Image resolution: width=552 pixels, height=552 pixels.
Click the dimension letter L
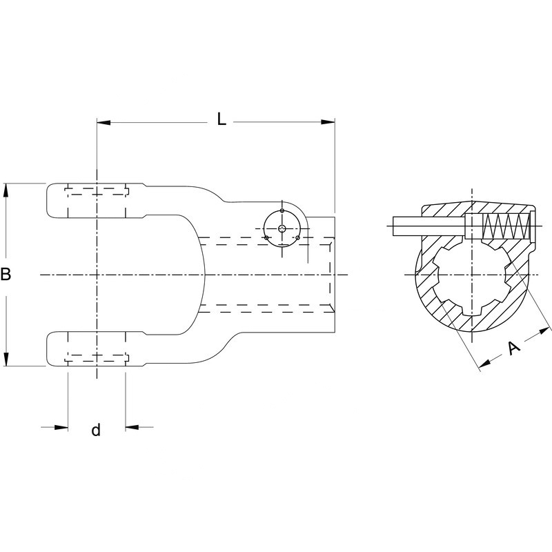click(221, 119)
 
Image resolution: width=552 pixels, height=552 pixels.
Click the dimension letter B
click(6, 274)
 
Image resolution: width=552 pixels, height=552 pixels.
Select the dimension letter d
click(96, 430)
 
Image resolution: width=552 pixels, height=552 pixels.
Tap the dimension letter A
click(513, 348)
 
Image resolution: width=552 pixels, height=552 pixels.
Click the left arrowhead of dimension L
click(103, 122)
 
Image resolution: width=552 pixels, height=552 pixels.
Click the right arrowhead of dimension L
click(328, 122)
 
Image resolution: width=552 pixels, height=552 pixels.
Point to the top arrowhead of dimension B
click(6, 190)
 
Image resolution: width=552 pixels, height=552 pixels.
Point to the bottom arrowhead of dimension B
click(6, 359)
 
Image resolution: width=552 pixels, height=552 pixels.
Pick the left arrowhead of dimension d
click(61, 427)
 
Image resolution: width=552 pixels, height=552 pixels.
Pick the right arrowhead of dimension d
click(132, 427)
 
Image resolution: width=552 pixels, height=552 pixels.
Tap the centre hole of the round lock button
click(282, 228)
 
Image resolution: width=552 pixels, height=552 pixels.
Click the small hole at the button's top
click(282, 210)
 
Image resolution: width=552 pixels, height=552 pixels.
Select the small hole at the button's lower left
click(266, 237)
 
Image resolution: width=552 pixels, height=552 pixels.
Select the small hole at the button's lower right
click(297, 238)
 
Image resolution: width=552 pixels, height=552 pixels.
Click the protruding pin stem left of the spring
click(428, 226)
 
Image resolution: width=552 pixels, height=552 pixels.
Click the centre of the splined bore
click(472, 275)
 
